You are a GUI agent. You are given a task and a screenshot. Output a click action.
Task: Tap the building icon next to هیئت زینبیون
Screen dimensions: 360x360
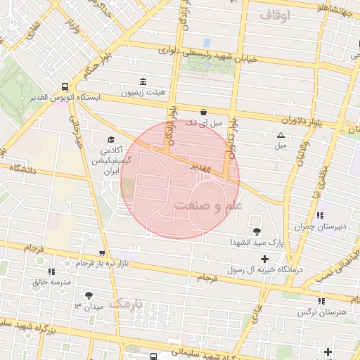pos(143,81)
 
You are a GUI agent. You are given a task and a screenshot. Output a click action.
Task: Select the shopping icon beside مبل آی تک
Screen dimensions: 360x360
pos(203,111)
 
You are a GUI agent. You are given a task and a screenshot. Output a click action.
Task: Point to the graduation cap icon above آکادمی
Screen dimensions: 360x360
pos(110,139)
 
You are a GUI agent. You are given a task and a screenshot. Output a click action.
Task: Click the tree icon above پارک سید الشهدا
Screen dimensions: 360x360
pos(256,230)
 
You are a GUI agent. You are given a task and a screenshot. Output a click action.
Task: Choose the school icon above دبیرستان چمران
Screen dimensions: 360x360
pos(320,215)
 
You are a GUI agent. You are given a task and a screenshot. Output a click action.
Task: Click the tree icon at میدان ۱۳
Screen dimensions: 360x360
pos(89,296)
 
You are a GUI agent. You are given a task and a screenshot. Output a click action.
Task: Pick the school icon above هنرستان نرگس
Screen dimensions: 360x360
pos(321,301)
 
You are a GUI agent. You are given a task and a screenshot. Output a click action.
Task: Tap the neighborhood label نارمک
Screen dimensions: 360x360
pos(127,304)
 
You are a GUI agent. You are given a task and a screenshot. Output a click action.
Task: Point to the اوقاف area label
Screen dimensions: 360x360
pos(274,14)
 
